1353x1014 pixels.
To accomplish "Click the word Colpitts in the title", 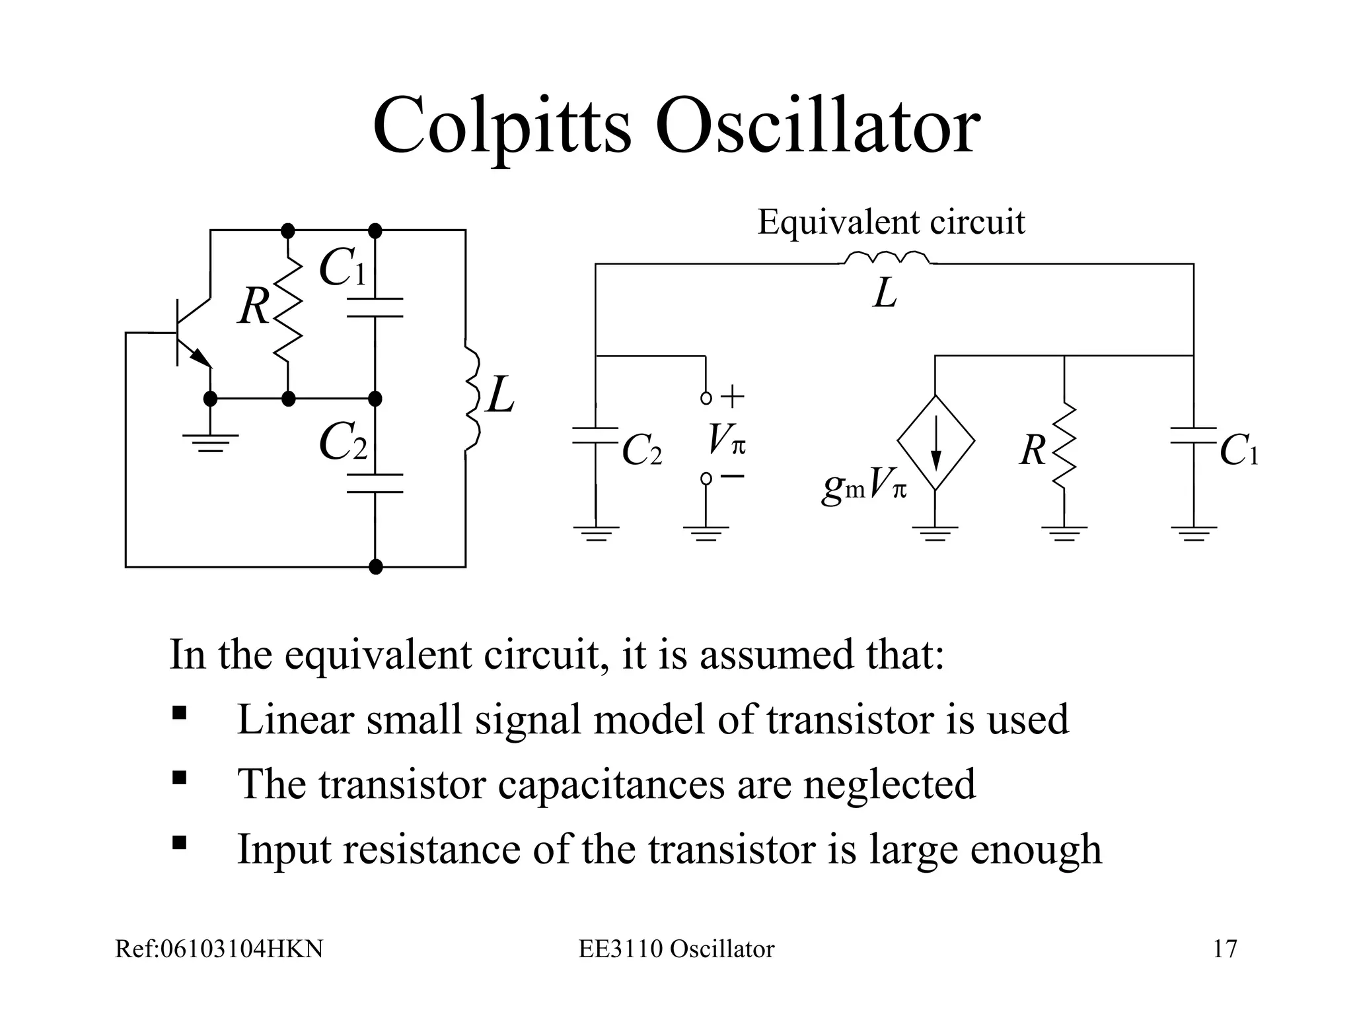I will [502, 125].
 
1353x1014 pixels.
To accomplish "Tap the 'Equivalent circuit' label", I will [891, 222].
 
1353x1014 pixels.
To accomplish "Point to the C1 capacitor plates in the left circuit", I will [375, 308].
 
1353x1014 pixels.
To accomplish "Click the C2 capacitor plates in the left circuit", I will [375, 483].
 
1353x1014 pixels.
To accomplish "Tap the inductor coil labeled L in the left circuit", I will [472, 399].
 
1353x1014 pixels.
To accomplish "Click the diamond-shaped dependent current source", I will [935, 443].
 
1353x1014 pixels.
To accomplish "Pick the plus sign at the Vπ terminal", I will [732, 397].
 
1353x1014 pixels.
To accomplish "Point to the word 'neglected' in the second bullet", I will [889, 784].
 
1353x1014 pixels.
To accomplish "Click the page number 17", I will [1225, 949].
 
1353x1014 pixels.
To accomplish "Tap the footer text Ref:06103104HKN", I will [219, 949].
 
